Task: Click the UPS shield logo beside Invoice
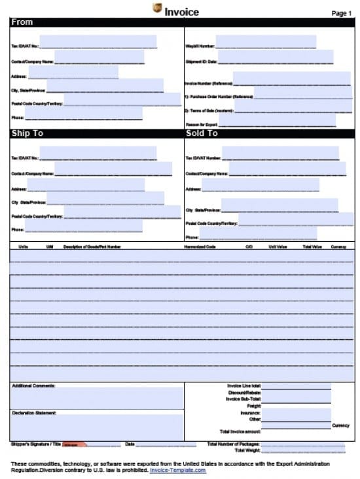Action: point(157,8)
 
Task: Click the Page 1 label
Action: point(341,13)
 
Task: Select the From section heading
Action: point(22,22)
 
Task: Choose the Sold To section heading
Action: point(202,133)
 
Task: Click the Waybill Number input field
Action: point(265,42)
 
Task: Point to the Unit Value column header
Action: point(278,247)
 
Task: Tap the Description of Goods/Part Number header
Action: point(92,247)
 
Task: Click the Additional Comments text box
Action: point(97,397)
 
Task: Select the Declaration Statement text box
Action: point(97,426)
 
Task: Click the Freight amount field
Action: point(296,406)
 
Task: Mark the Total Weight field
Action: point(302,450)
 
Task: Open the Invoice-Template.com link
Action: point(178,470)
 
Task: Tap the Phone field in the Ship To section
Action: point(83,226)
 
